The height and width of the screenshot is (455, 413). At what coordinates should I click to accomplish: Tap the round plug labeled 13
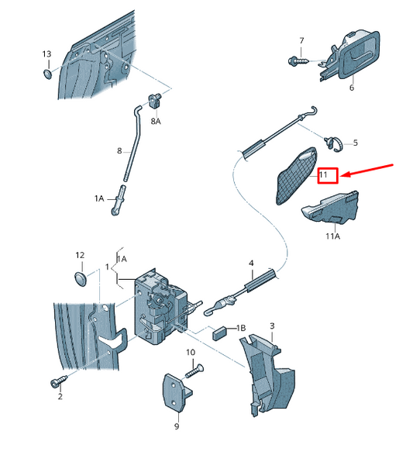47,74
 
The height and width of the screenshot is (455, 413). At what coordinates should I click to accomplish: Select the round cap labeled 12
80,278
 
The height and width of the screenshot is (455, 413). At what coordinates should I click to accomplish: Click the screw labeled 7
299,61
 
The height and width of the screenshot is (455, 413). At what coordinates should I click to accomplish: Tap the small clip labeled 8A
156,101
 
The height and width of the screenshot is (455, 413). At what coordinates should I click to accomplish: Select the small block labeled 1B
220,333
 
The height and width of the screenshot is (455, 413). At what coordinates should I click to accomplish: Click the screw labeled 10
194,371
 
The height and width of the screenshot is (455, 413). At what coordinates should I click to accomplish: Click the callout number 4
251,264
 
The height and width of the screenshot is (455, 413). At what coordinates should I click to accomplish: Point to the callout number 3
272,326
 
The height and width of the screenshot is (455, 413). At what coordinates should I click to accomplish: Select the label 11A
332,236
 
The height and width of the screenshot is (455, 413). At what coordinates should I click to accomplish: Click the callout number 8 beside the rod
119,151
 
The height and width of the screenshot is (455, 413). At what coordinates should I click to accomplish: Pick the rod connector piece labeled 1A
119,200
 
